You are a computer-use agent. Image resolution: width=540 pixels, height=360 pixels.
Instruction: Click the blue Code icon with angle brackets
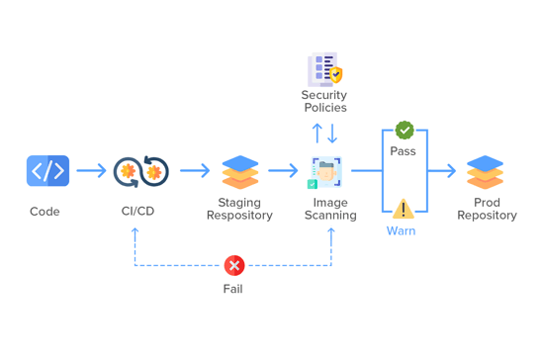[x=47, y=171]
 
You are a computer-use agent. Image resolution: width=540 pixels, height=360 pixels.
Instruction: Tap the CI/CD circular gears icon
[x=140, y=171]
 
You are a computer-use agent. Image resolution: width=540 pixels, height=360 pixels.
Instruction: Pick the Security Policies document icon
[x=324, y=69]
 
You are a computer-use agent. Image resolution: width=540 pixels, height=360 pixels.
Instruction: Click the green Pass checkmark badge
[x=405, y=130]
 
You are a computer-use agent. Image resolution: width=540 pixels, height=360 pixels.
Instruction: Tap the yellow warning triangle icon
[x=403, y=209]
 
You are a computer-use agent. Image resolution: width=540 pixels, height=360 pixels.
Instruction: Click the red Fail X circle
[x=234, y=265]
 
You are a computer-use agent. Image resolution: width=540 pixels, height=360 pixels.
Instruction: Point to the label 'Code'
[x=45, y=212]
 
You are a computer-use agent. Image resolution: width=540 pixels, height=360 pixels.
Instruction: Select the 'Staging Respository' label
[x=239, y=209]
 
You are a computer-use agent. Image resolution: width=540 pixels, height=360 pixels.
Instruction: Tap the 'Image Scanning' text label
[x=330, y=209]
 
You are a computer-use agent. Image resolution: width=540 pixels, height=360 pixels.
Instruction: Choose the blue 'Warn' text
[x=401, y=231]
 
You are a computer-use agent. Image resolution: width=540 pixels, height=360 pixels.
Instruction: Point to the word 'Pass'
[x=404, y=151]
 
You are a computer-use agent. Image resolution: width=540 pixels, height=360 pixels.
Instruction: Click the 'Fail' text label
[x=232, y=289]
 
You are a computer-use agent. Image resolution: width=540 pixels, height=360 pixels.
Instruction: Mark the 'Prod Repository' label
[x=487, y=209]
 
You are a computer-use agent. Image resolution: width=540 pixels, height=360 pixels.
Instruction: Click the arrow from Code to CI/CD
[x=91, y=171]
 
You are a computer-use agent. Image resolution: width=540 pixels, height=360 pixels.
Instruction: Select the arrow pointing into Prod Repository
[x=442, y=171]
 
